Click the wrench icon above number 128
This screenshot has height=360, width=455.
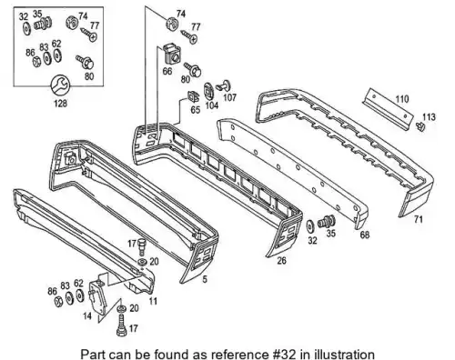tap(60, 85)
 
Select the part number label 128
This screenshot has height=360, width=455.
tap(60, 104)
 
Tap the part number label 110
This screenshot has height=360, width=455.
tap(401, 99)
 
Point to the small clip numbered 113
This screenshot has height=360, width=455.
tap(420, 126)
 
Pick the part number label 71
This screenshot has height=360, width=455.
tap(419, 219)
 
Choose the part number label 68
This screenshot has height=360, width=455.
tap(365, 235)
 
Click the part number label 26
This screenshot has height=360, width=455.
tap(282, 260)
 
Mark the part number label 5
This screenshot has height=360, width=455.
tap(205, 279)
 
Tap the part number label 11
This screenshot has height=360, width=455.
tap(153, 301)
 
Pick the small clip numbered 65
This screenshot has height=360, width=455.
tap(193, 96)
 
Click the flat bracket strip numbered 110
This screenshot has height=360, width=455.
tap(388, 109)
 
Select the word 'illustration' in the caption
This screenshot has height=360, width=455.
tap(344, 354)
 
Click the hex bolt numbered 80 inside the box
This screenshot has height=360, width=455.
tap(85, 63)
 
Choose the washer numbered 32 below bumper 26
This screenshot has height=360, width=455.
tap(310, 226)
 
